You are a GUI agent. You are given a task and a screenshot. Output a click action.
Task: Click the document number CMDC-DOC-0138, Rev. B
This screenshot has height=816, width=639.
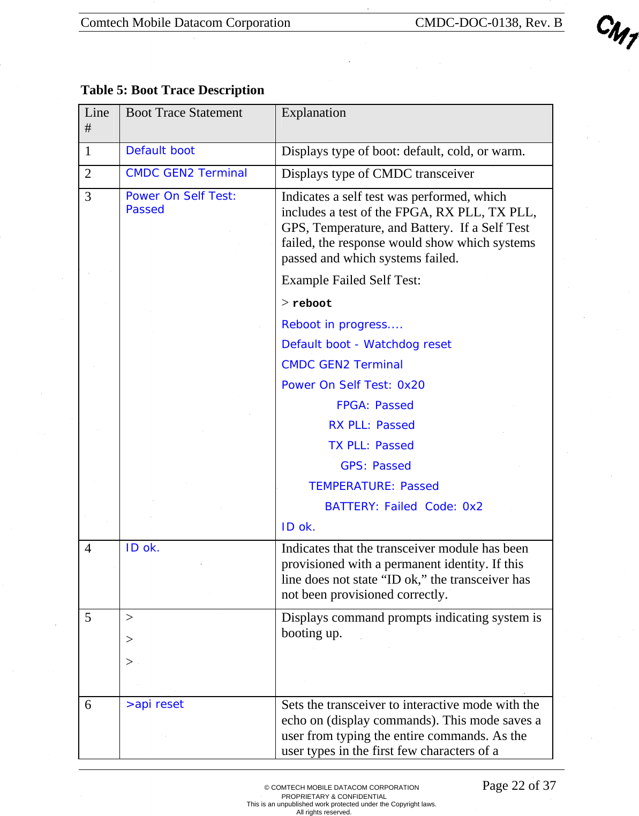click(488, 22)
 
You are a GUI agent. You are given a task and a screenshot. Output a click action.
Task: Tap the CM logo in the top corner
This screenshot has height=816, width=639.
click(617, 32)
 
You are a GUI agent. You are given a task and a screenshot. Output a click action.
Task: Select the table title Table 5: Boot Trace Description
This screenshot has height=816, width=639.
click(172, 90)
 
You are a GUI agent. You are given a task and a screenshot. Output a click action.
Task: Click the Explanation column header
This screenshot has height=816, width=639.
click(313, 113)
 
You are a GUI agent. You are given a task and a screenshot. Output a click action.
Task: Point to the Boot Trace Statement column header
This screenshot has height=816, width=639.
click(184, 113)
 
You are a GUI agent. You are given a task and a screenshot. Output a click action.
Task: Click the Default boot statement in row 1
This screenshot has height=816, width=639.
click(160, 150)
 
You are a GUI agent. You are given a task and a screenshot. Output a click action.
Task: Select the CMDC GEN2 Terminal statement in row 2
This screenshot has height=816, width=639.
click(186, 173)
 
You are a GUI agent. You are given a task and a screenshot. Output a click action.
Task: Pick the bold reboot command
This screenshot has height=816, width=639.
click(312, 304)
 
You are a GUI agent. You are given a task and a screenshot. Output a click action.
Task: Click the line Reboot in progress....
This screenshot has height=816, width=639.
click(342, 324)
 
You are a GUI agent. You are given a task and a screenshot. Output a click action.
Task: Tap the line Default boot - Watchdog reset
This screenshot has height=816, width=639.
click(366, 344)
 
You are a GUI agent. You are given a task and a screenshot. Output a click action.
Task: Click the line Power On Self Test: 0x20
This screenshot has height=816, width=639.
click(353, 385)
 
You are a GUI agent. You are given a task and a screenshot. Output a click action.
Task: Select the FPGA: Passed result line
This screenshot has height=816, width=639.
click(374, 405)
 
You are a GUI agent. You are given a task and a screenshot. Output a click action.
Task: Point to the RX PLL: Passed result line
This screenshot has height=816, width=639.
click(371, 425)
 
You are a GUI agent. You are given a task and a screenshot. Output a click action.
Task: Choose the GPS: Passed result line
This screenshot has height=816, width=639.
click(375, 466)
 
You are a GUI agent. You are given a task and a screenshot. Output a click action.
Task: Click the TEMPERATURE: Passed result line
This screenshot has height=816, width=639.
click(373, 486)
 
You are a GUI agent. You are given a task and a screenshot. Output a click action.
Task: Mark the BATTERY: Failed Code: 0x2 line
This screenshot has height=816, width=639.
click(403, 507)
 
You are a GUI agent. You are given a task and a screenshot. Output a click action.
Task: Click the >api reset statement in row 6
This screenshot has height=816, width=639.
click(154, 704)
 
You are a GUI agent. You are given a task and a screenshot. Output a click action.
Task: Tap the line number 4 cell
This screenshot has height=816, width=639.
click(88, 549)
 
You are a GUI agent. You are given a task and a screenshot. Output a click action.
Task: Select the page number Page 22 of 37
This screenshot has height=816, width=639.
click(518, 785)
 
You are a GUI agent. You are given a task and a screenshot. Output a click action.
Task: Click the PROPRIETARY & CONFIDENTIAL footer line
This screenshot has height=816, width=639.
click(334, 796)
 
